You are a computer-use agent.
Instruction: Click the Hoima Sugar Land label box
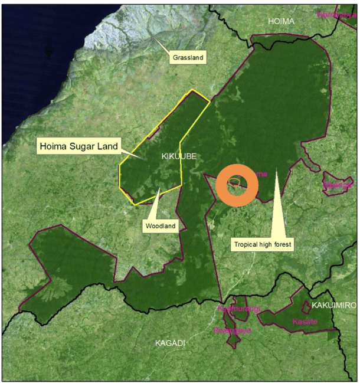78,146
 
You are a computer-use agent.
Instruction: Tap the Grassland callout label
188,58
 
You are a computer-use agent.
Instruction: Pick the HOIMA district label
281,21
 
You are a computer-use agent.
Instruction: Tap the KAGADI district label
170,343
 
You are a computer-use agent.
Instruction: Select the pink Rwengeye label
233,330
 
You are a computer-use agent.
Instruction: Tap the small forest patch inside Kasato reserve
306,307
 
